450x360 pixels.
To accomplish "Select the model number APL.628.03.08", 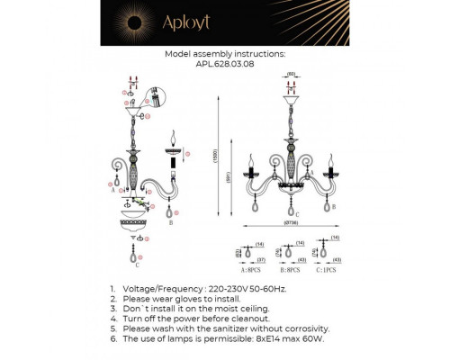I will point(225,64).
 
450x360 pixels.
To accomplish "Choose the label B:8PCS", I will point(291,269).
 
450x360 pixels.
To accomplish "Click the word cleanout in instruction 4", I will point(246,319).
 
